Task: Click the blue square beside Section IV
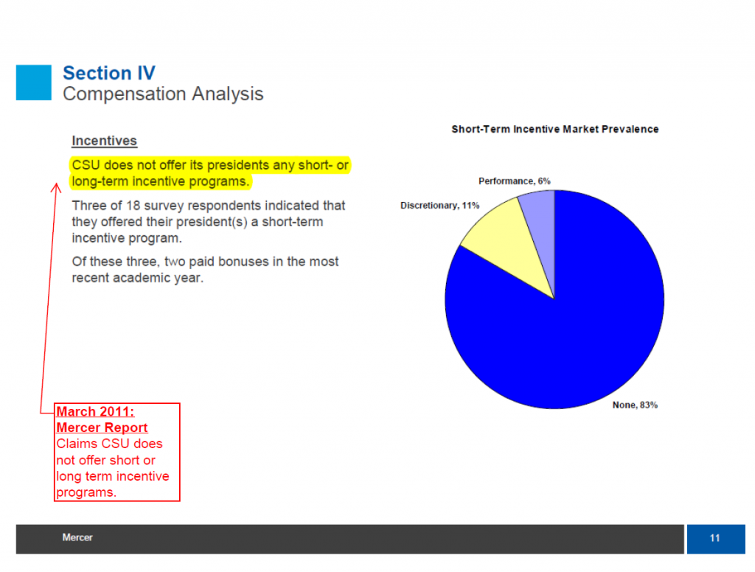point(34,83)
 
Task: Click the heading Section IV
point(109,73)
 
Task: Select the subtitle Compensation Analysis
point(163,94)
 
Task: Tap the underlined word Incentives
point(105,141)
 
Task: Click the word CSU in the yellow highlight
point(86,165)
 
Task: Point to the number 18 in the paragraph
point(133,206)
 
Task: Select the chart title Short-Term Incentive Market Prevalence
point(555,129)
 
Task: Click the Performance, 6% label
point(514,181)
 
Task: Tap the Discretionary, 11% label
point(439,206)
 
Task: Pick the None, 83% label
point(635,405)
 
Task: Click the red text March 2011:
point(95,411)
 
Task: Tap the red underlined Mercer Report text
point(102,428)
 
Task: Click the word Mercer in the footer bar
point(77,537)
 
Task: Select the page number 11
point(715,538)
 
